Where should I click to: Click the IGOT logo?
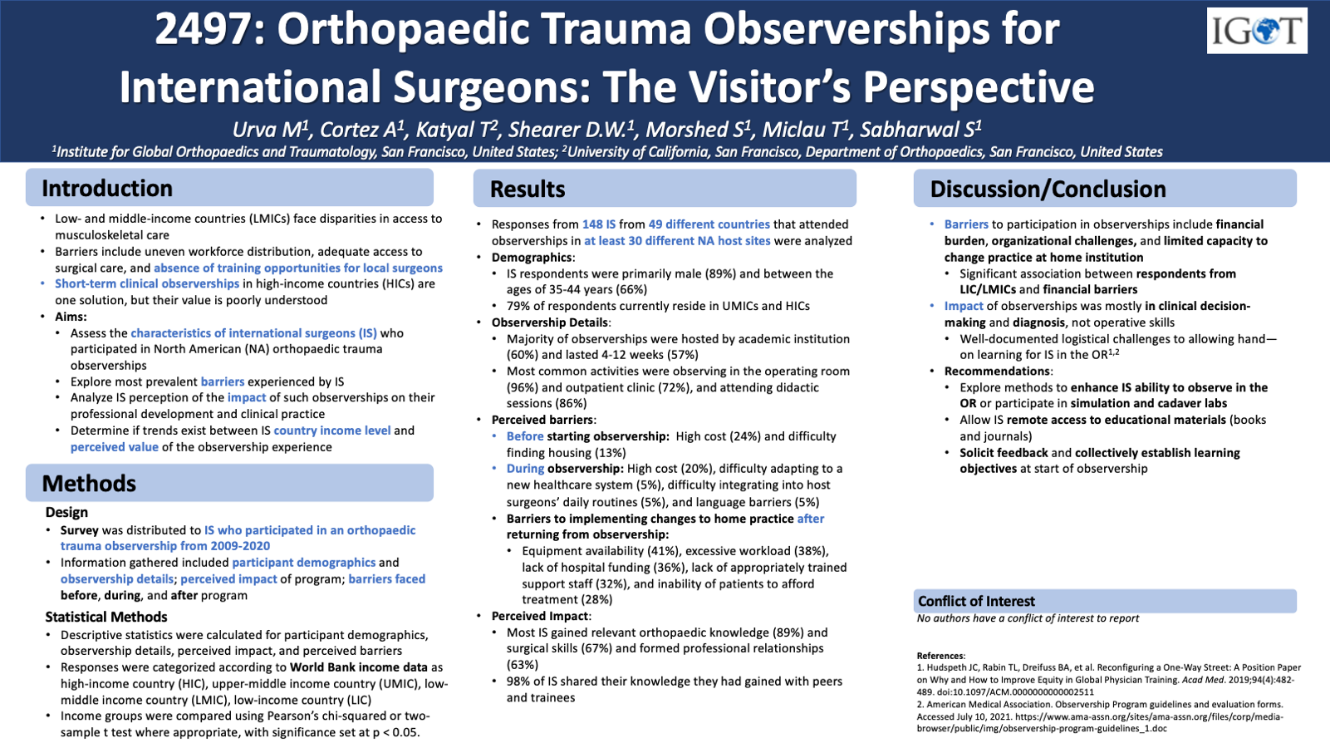point(1256,32)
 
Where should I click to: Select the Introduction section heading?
point(107,189)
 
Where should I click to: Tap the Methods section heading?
point(89,484)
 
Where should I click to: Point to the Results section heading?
point(528,189)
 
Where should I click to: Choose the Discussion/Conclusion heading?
point(1048,189)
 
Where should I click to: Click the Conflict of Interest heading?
point(976,601)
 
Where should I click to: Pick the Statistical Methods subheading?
point(106,617)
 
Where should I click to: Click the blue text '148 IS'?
point(599,224)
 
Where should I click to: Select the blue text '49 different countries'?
point(709,224)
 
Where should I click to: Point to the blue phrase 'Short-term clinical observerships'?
point(147,283)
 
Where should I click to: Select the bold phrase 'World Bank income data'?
point(358,667)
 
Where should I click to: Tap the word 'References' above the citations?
point(940,656)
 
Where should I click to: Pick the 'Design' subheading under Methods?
point(66,512)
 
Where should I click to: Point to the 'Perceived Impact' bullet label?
point(540,616)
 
